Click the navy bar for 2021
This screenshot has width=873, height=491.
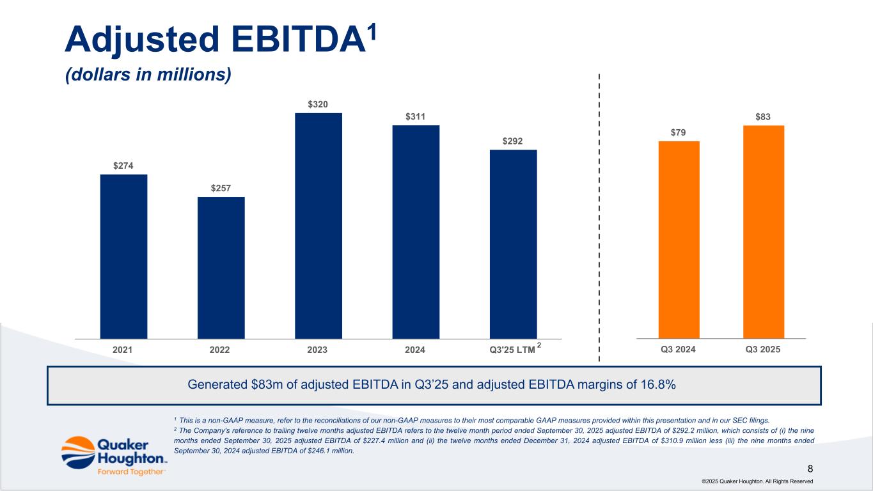pyautogui.click(x=123, y=256)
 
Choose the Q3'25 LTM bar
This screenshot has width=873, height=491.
pyautogui.click(x=513, y=244)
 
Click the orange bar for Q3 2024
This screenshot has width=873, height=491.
pyautogui.click(x=679, y=239)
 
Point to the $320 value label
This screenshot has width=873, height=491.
pyautogui.click(x=319, y=104)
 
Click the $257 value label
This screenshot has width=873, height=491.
pyautogui.click(x=221, y=188)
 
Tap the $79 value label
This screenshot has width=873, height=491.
pyautogui.click(x=679, y=132)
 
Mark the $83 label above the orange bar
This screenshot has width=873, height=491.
pyautogui.click(x=763, y=117)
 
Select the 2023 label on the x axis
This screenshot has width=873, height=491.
pyautogui.click(x=318, y=350)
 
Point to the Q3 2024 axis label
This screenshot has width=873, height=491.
pyautogui.click(x=678, y=350)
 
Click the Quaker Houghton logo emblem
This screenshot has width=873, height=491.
pyautogui.click(x=77, y=451)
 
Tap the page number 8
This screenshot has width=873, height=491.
pyautogui.click(x=810, y=469)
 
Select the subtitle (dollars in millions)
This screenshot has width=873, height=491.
pyautogui.click(x=148, y=75)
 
